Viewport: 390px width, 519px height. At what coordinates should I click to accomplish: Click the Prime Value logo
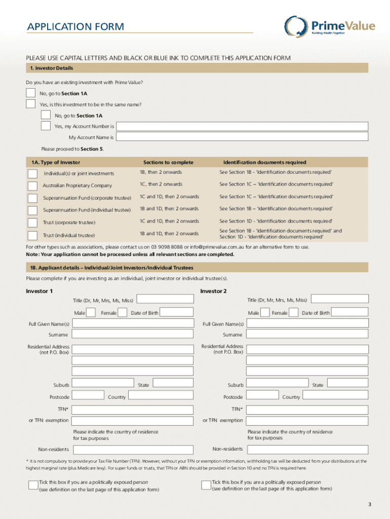[329, 26]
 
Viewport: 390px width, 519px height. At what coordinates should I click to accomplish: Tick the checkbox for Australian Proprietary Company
[32, 186]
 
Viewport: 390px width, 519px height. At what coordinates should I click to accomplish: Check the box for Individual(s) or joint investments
[32, 173]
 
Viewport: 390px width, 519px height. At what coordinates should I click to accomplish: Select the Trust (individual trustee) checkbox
[32, 235]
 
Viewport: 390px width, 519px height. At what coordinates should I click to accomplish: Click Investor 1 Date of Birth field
[177, 313]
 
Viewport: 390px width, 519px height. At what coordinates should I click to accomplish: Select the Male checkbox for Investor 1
[91, 313]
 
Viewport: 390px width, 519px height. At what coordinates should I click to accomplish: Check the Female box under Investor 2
[293, 313]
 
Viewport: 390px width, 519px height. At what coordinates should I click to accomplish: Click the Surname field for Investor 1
[133, 335]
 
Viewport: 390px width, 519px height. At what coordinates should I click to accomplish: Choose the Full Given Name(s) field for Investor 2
[307, 323]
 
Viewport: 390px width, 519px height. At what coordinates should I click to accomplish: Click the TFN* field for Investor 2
[307, 409]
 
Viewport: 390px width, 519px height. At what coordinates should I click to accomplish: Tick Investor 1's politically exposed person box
[33, 485]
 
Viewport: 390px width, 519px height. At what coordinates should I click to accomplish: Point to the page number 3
[370, 504]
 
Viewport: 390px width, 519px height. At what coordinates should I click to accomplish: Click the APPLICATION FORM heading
[76, 26]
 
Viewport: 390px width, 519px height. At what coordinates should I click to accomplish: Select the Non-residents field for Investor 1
[133, 450]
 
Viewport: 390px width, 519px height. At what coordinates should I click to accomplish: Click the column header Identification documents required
[264, 162]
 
